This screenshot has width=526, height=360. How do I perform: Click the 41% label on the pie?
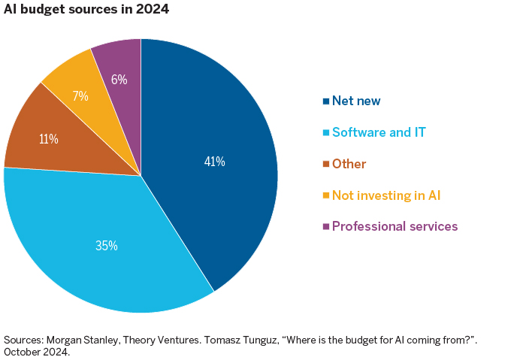pyautogui.click(x=214, y=161)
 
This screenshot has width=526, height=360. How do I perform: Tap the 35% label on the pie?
pyautogui.click(x=106, y=245)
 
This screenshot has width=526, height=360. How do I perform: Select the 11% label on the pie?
pyautogui.click(x=49, y=139)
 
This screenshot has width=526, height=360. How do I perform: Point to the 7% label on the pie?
pyautogui.click(x=80, y=96)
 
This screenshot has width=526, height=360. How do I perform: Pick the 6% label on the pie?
pyautogui.click(x=119, y=79)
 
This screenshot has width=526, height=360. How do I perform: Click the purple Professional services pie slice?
pyautogui.click(x=120, y=60)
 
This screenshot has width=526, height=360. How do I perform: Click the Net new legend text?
pyautogui.click(x=357, y=100)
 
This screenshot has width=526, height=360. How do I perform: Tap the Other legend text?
pyautogui.click(x=349, y=164)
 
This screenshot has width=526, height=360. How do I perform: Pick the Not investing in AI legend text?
pyautogui.click(x=385, y=195)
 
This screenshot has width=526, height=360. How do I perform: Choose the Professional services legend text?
pyautogui.click(x=394, y=226)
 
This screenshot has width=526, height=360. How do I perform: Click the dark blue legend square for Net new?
pyautogui.click(x=325, y=101)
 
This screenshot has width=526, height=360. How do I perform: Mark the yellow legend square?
pyautogui.click(x=325, y=195)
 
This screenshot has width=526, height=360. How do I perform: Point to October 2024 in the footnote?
pyautogui.click(x=37, y=352)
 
